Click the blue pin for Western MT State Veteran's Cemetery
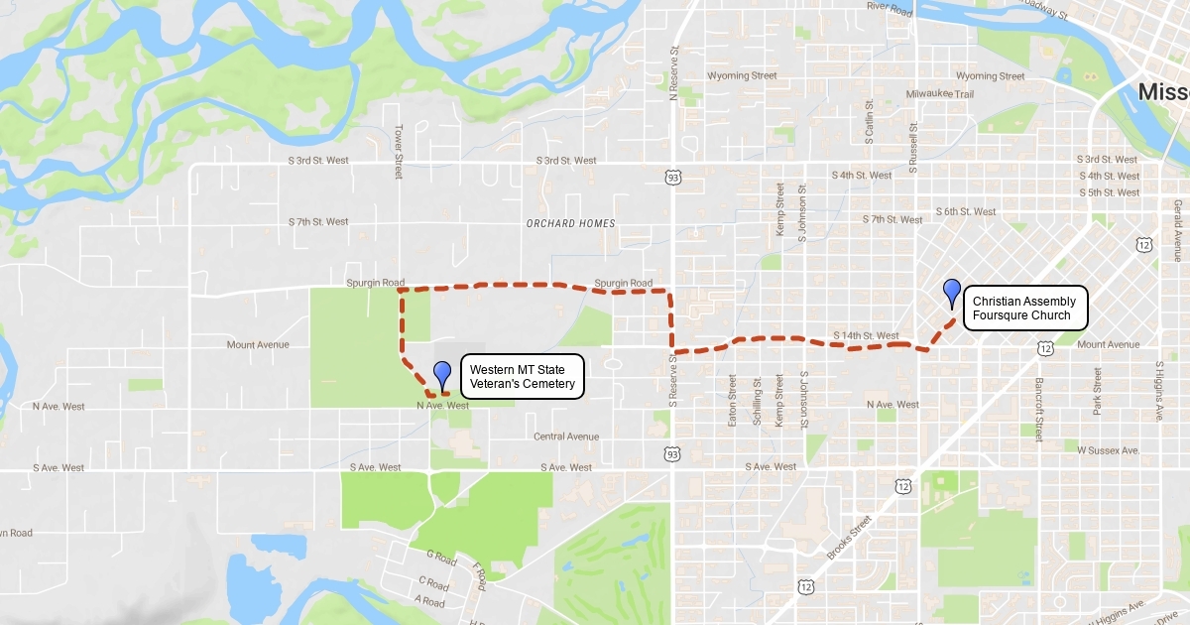[442, 374]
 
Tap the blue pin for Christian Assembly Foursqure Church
[952, 293]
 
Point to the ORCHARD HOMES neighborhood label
[570, 223]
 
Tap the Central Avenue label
[566, 437]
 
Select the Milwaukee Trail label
[940, 93]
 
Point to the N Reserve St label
[673, 72]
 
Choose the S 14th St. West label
[866, 335]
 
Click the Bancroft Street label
[1038, 407]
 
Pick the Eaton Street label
[733, 400]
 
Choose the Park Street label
[1097, 391]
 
